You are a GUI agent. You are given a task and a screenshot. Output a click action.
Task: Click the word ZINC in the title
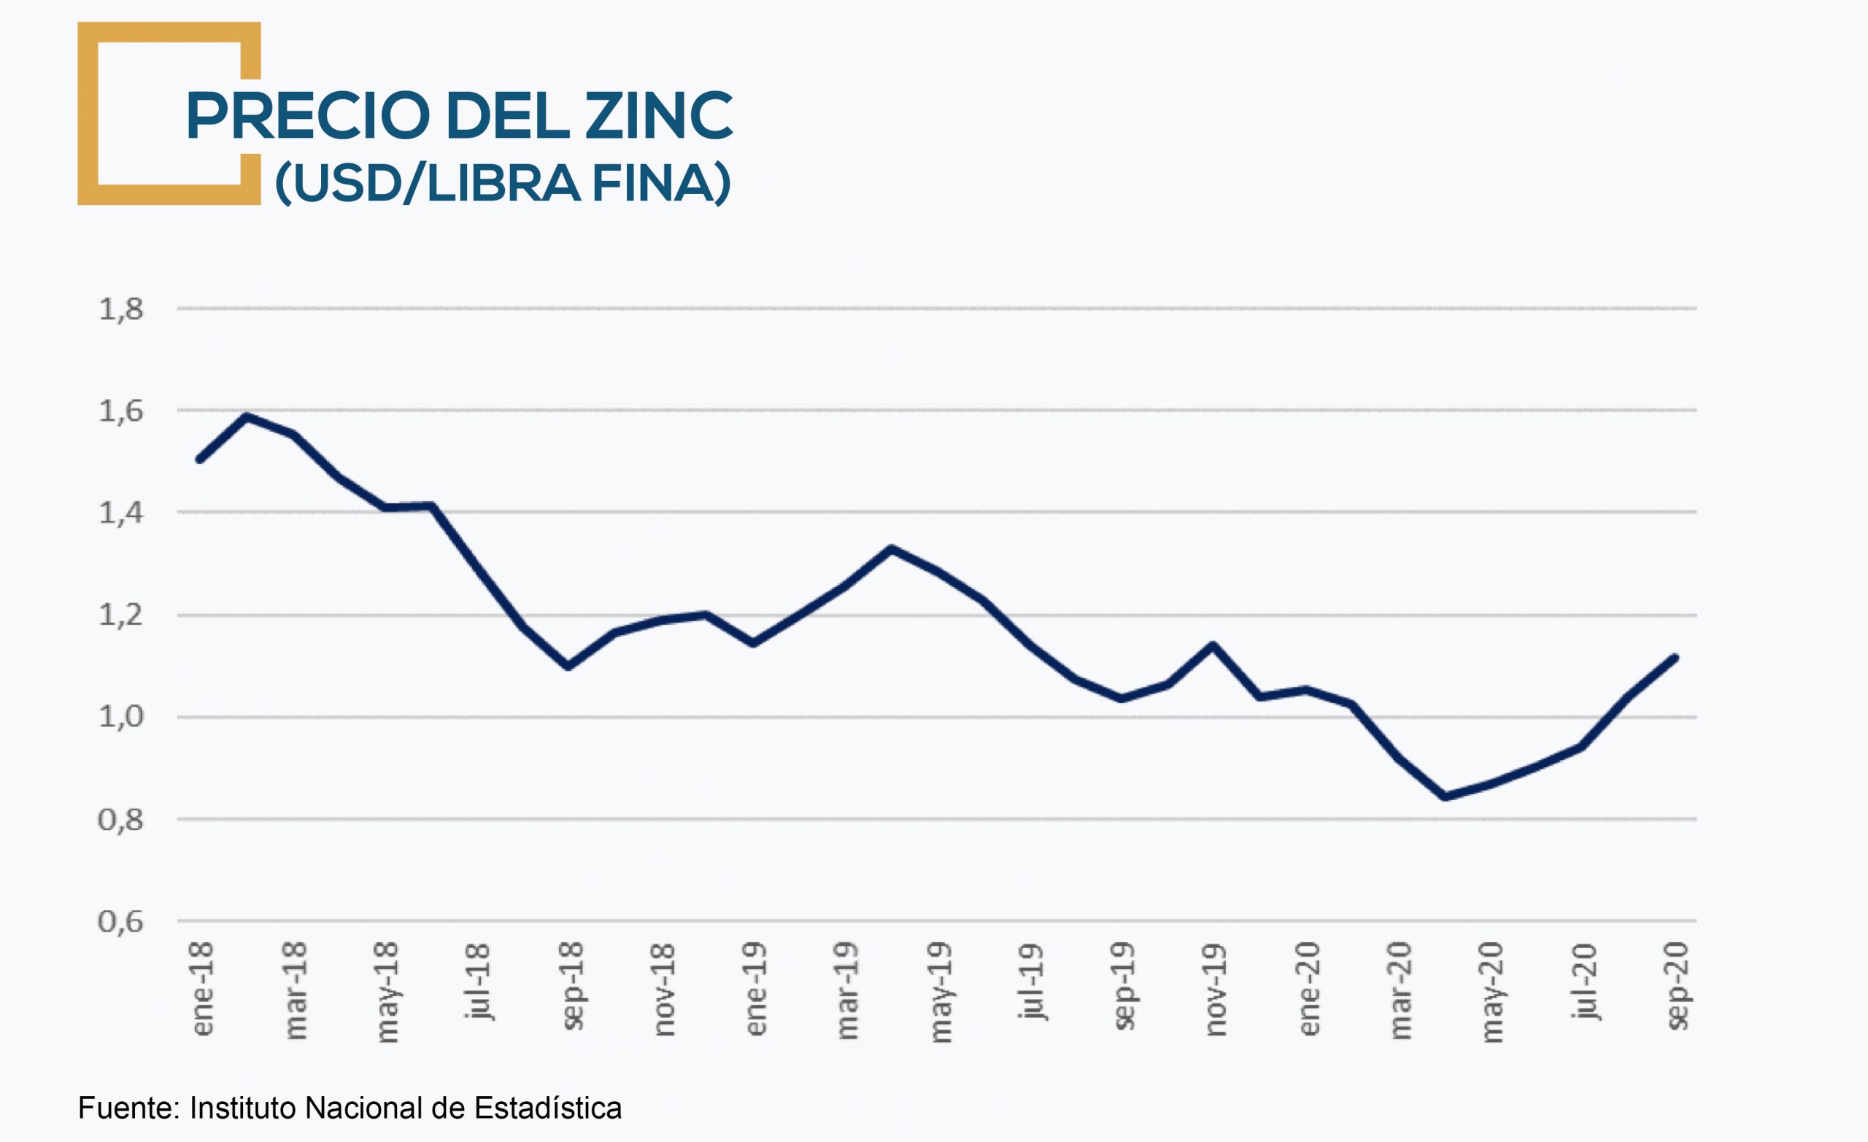pos(659,115)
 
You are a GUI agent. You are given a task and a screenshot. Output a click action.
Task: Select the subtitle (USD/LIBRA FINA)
pos(503,182)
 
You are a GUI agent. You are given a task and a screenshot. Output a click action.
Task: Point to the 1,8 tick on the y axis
pos(120,309)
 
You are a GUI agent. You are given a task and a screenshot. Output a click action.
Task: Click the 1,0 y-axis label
pos(120,716)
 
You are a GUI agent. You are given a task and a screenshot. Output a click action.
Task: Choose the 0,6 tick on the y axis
pos(120,922)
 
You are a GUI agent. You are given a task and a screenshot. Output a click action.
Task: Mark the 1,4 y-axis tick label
pos(120,513)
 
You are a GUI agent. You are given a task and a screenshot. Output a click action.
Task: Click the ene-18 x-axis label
pos(202,988)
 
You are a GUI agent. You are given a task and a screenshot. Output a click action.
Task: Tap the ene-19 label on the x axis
pos(756,988)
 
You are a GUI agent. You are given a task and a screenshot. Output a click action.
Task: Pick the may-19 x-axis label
pos(939,991)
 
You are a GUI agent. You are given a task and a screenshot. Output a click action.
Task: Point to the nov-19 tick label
pos(1215,988)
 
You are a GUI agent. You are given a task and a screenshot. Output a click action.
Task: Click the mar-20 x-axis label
pos(1400,990)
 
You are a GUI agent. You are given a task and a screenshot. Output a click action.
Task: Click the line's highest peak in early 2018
pos(247,416)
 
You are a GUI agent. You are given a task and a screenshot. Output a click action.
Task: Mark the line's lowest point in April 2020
pos(1445,796)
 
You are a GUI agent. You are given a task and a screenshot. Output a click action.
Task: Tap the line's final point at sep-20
pos(1675,658)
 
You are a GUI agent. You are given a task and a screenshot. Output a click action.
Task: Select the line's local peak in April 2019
pos(892,548)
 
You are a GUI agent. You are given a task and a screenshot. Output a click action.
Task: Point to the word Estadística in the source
pos(547,1108)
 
